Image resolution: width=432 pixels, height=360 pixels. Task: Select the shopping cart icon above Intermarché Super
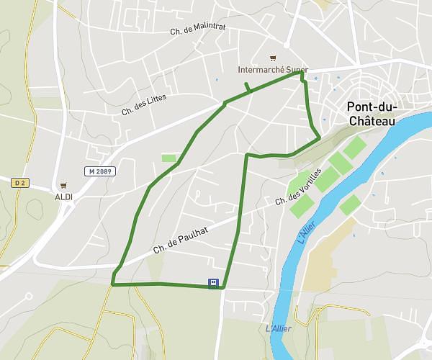coord(272,58)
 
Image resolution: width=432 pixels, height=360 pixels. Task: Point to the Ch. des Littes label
coord(144,101)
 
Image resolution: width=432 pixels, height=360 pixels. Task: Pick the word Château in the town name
coord(372,122)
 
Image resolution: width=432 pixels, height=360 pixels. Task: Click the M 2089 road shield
coord(99,171)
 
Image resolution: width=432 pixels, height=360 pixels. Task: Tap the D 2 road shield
coord(19,183)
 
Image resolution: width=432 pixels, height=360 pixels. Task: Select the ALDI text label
coord(64,196)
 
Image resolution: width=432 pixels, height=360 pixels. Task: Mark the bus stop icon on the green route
coord(214,283)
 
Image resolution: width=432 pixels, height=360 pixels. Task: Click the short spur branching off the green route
coord(247,88)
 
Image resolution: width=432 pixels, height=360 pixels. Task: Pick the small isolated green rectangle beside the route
coord(168,158)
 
